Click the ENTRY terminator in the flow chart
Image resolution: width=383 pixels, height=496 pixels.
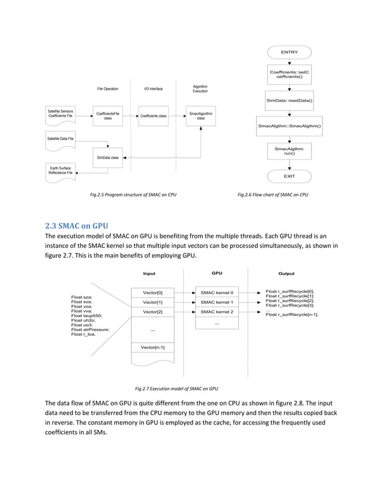coord(289,52)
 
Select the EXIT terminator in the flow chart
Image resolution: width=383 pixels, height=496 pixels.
coord(289,176)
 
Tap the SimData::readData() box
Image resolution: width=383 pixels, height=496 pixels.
coord(289,100)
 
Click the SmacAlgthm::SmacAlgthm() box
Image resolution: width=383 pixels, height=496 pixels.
coord(289,126)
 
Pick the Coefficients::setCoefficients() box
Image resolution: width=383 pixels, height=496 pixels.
coord(289,75)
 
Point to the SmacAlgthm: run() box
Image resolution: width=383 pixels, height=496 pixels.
coord(289,151)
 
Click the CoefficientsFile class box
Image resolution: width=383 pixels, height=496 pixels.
coord(107,115)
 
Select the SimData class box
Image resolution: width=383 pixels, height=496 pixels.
coord(107,157)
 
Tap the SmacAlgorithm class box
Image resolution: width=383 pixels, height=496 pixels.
coord(200,115)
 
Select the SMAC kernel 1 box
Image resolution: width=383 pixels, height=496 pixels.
coord(217,302)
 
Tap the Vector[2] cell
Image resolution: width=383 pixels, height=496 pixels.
coord(152,312)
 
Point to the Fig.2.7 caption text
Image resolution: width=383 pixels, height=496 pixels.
coord(176,388)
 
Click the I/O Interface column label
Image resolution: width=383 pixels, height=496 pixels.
coord(153,89)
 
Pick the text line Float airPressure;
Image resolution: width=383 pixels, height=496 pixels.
coord(90,330)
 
